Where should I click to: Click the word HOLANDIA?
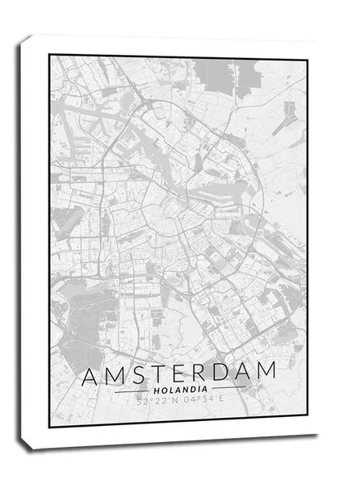(180, 390)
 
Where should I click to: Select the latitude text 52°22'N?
(155, 401)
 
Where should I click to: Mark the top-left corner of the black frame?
(50, 56)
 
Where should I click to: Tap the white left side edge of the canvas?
(27, 242)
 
